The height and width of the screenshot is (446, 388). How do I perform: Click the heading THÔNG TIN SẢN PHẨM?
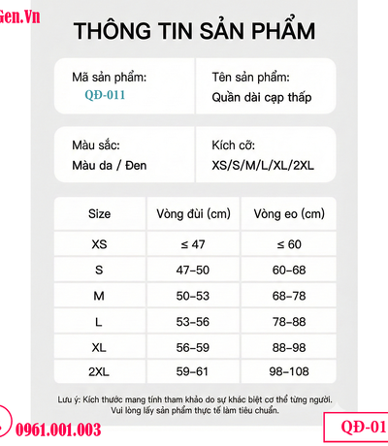(x=194, y=31)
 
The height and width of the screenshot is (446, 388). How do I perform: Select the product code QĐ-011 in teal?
(x=104, y=96)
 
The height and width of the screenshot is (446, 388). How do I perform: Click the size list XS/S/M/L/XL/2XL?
(x=262, y=165)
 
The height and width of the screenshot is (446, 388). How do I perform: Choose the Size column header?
(x=99, y=214)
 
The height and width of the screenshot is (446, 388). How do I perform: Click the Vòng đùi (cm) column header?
(x=193, y=214)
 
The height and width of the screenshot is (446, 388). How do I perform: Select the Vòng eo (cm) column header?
(x=288, y=214)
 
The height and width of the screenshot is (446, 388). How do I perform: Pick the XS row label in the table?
(x=99, y=244)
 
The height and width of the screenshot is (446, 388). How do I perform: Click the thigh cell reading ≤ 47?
(x=193, y=244)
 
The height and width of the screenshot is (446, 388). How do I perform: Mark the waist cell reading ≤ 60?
(x=288, y=244)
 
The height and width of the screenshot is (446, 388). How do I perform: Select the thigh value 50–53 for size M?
(x=193, y=294)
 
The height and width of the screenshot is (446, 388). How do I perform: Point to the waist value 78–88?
(x=288, y=319)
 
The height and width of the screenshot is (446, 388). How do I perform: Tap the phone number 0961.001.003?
(x=60, y=430)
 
